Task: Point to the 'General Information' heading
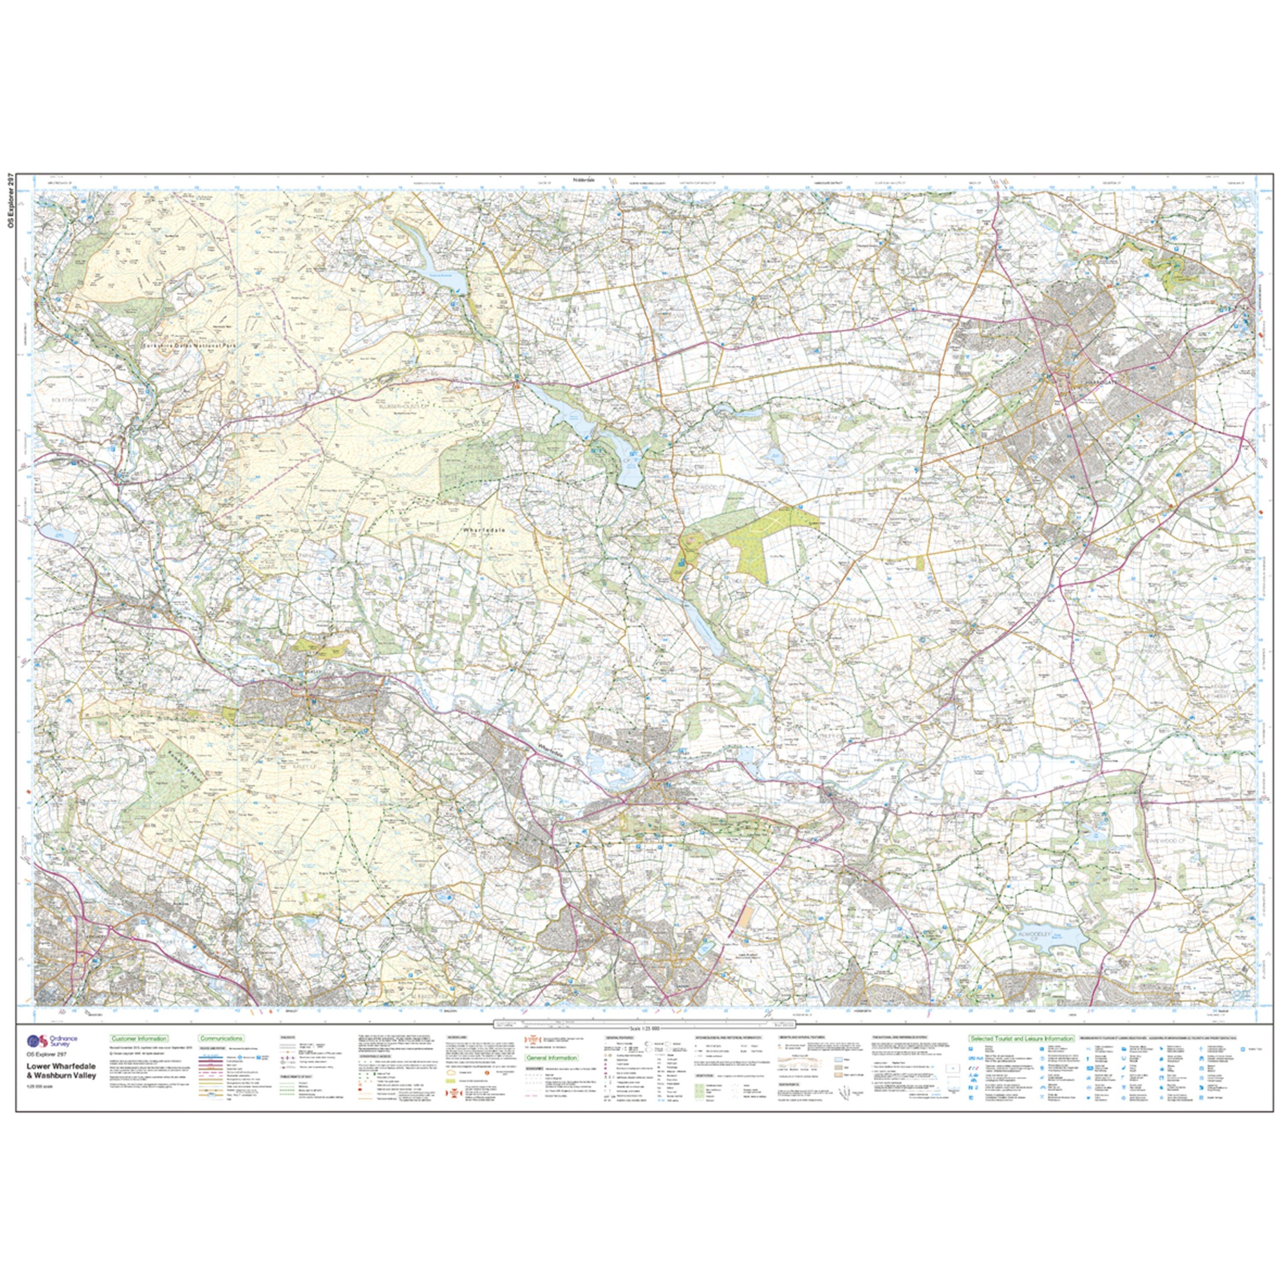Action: pyautogui.click(x=551, y=1058)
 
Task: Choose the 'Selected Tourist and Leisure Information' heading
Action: pyautogui.click(x=1021, y=1038)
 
